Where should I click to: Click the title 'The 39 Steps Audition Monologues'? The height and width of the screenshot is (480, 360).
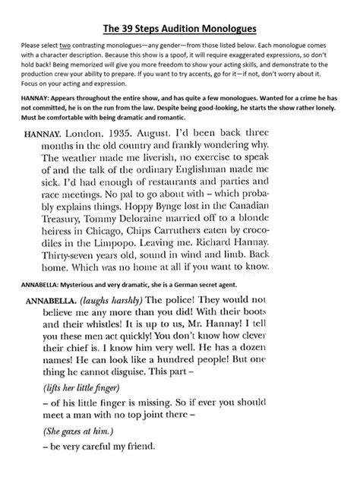(x=181, y=29)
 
